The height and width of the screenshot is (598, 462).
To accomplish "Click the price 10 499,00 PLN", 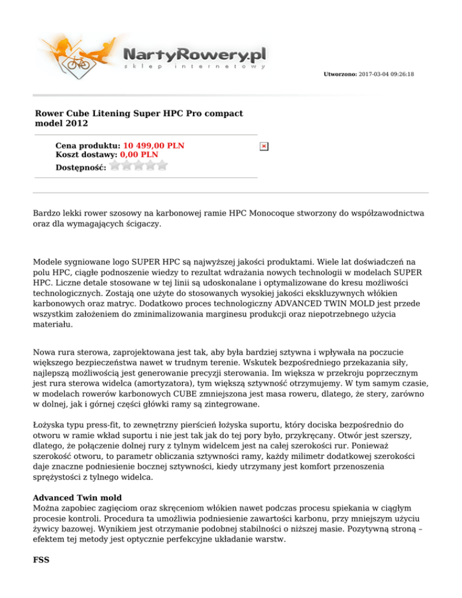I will click(x=153, y=146).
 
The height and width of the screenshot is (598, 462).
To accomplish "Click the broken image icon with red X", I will click(x=263, y=146).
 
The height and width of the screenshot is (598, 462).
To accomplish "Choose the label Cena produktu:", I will click(x=88, y=146).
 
